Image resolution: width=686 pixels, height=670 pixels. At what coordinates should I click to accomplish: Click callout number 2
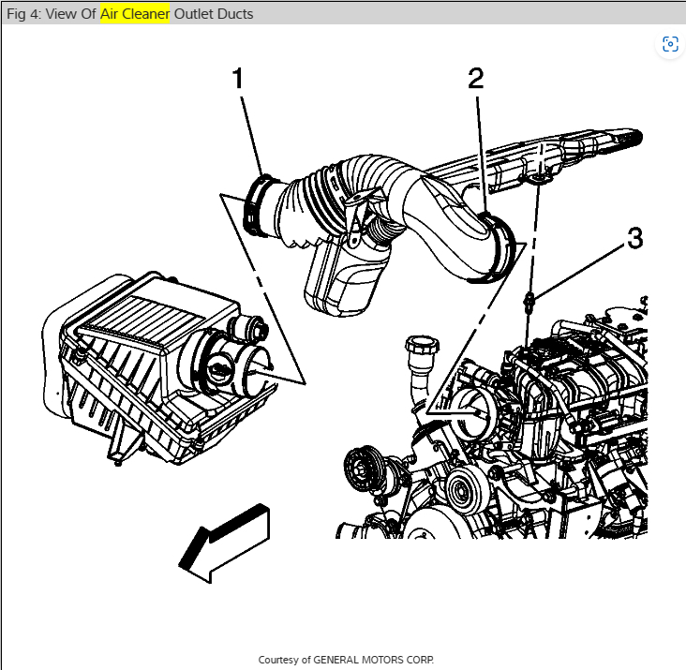coord(476,79)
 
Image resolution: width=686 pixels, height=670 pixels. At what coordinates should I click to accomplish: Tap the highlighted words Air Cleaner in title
coord(135,14)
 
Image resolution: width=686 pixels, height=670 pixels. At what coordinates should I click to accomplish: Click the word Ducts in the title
coord(235,14)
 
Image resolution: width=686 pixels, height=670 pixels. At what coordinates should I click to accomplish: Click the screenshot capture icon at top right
coord(669,44)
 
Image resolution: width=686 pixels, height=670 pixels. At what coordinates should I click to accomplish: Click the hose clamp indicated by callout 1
coord(259,204)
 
